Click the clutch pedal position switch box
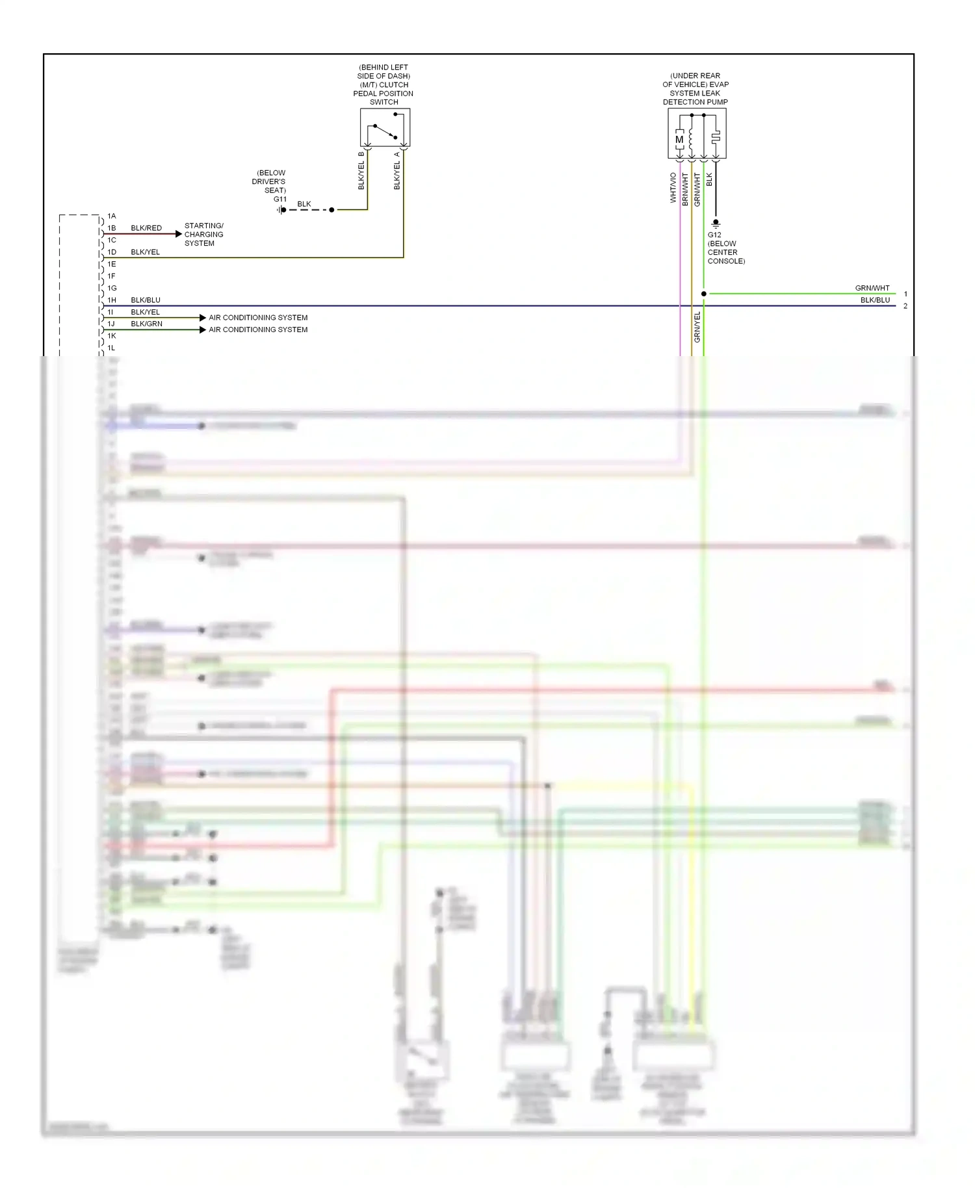click(385, 127)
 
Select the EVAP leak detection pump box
click(697, 133)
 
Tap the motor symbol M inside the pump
click(679, 140)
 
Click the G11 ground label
click(279, 200)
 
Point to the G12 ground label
click(714, 235)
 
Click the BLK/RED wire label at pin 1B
click(146, 228)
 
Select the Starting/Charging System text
click(203, 235)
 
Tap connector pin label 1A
click(112, 216)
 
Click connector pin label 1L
click(112, 348)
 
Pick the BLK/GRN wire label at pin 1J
click(146, 324)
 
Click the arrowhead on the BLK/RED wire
click(179, 234)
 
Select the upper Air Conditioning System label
click(258, 318)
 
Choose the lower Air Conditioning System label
click(258, 329)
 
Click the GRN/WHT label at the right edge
click(872, 288)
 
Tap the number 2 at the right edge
click(905, 306)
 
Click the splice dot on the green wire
click(703, 294)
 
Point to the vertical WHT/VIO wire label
click(673, 187)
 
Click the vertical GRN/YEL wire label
click(697, 327)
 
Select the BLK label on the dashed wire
click(304, 204)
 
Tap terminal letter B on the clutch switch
click(361, 154)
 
